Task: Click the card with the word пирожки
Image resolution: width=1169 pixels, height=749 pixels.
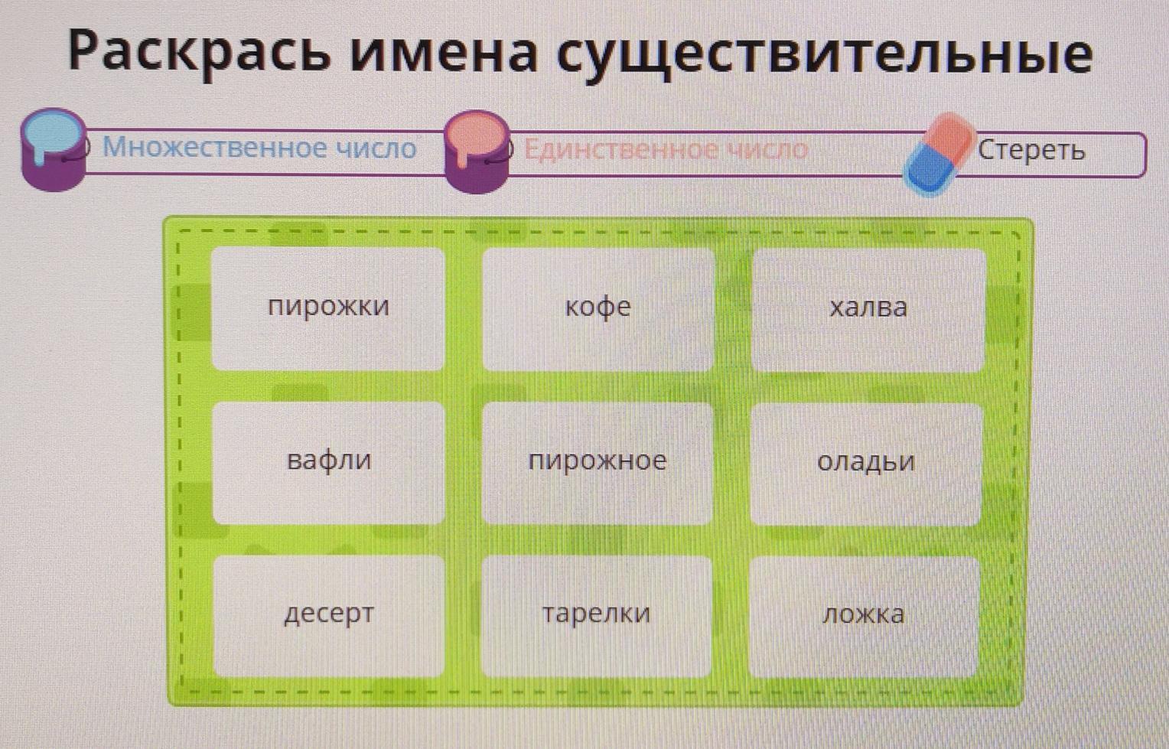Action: pyautogui.click(x=328, y=308)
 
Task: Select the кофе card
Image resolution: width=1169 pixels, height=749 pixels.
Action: pyautogui.click(x=598, y=309)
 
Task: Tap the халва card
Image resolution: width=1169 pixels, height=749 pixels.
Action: pyautogui.click(x=868, y=310)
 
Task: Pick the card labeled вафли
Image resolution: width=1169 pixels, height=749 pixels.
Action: pyautogui.click(x=329, y=462)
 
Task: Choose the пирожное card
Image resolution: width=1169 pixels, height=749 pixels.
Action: pyautogui.click(x=598, y=463)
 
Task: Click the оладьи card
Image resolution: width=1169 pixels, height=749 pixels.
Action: pyautogui.click(x=866, y=464)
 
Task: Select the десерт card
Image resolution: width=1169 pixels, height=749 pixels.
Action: pyautogui.click(x=329, y=616)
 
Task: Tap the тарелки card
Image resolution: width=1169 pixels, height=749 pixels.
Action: pyautogui.click(x=597, y=617)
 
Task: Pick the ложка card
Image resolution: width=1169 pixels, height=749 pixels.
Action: pyautogui.click(x=864, y=617)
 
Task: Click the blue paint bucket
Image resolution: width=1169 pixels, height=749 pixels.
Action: pyautogui.click(x=54, y=149)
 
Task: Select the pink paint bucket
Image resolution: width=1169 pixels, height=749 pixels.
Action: pyautogui.click(x=477, y=151)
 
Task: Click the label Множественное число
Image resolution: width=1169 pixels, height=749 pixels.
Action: pyautogui.click(x=259, y=148)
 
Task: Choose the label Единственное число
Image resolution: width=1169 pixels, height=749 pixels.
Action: pyautogui.click(x=666, y=150)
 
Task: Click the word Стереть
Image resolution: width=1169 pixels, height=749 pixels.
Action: pyautogui.click(x=1031, y=150)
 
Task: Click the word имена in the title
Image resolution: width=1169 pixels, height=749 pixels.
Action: pyautogui.click(x=444, y=54)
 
